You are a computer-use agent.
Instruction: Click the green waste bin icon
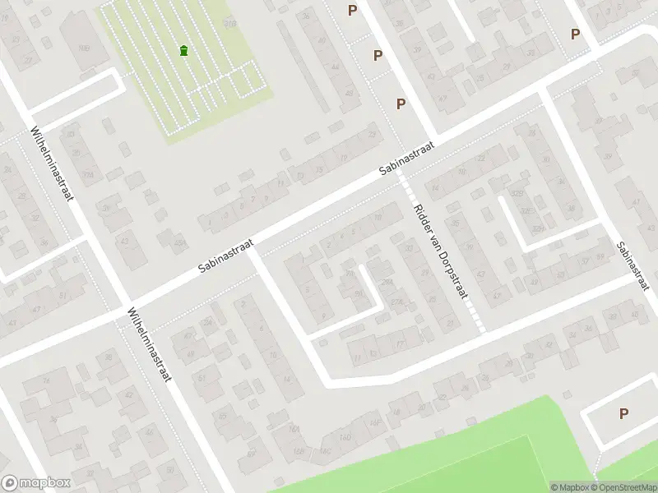(x=183, y=51)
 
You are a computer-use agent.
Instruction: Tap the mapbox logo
(x=36, y=483)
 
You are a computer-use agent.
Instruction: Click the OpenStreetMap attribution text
(x=623, y=487)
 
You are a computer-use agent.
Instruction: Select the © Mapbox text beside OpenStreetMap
(x=569, y=487)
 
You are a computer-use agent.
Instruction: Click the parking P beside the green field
(x=623, y=414)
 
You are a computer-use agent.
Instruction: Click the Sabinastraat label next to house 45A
(x=226, y=257)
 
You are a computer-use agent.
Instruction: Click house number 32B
(x=517, y=194)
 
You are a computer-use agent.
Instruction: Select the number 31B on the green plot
(x=229, y=24)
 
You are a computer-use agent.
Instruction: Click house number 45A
(x=181, y=242)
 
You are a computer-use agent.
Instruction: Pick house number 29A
(x=387, y=282)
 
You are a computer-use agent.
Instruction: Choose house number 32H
(x=539, y=228)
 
